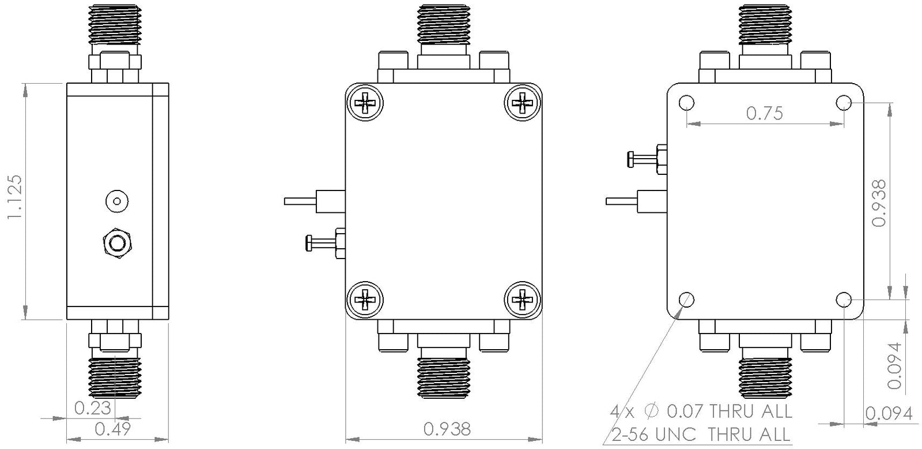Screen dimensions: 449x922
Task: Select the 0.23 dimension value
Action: pos(92,409)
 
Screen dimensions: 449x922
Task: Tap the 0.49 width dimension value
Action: pos(112,429)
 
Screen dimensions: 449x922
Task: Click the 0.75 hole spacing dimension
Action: pos(765,113)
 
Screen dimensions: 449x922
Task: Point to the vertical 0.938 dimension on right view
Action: pos(878,203)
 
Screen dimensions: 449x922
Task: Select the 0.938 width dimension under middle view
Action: pos(447,429)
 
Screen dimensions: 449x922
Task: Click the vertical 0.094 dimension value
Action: pos(894,365)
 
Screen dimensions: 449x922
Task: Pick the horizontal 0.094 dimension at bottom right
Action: pos(889,413)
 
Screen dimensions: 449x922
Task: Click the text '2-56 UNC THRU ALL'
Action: pos(700,433)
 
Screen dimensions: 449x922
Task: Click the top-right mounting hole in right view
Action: pos(844,103)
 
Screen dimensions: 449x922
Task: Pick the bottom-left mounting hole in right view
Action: pos(686,300)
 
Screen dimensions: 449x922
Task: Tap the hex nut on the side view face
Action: pos(118,243)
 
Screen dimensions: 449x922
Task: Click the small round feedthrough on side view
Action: pos(117,201)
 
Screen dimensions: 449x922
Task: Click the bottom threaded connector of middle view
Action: pos(444,377)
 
